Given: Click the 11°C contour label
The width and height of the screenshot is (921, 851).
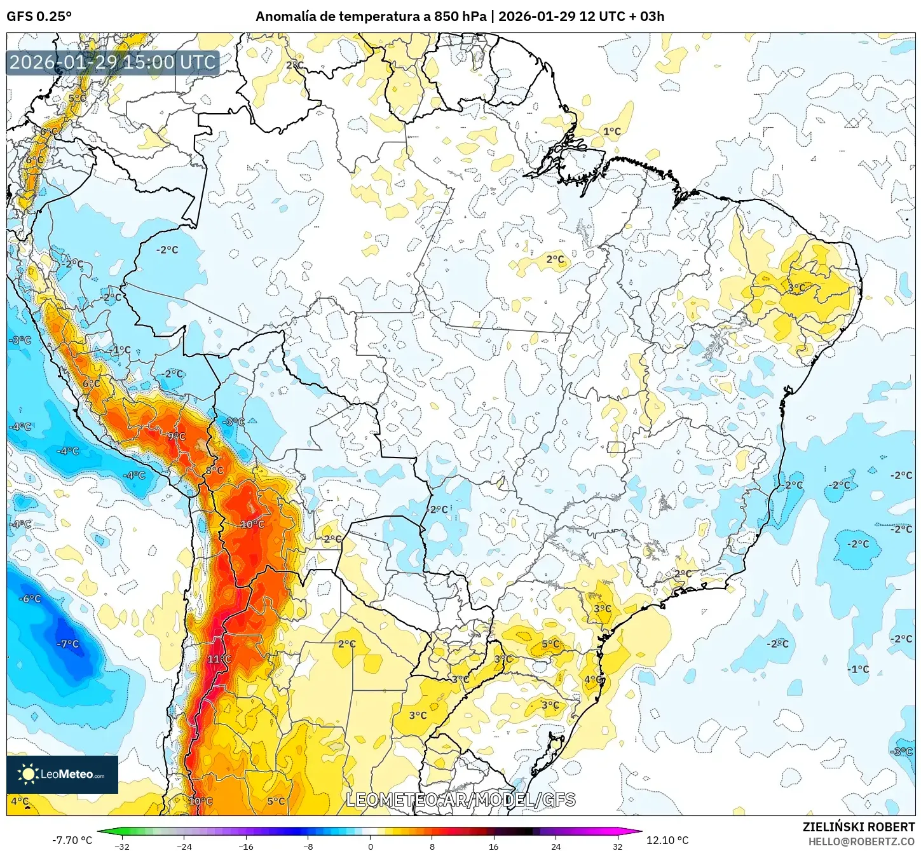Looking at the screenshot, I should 219,659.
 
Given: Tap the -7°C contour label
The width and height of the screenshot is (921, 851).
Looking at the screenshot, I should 67,644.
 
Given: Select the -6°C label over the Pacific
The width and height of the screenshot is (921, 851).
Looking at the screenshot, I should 30,599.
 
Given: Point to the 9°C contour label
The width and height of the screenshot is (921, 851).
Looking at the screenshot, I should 176,437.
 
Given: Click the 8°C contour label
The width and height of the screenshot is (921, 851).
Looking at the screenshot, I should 214,470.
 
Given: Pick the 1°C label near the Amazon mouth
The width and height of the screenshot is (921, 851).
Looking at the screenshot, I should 611,132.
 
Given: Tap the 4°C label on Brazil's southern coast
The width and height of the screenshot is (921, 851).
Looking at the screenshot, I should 593,679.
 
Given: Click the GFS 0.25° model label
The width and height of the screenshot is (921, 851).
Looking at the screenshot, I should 39,17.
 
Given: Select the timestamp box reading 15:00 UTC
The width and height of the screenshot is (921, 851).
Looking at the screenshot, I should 113,62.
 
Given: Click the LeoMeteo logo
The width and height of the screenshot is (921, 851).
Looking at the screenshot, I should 62,774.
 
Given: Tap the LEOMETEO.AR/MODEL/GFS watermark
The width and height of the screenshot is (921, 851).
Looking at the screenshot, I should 461,800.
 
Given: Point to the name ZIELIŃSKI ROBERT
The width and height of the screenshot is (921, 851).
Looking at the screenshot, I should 858,827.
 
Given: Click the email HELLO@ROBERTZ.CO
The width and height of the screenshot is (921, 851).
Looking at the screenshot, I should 861,841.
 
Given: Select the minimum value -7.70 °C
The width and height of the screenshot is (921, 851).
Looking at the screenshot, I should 72,840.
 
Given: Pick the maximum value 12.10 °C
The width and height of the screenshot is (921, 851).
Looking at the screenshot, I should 667,840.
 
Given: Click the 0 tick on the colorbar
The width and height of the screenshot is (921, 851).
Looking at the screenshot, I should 370,846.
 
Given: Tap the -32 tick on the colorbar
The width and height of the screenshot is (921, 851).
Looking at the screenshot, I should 121,846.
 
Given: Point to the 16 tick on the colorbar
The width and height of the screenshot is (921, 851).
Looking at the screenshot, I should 494,846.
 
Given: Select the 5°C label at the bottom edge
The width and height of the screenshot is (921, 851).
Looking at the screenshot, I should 276,801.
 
